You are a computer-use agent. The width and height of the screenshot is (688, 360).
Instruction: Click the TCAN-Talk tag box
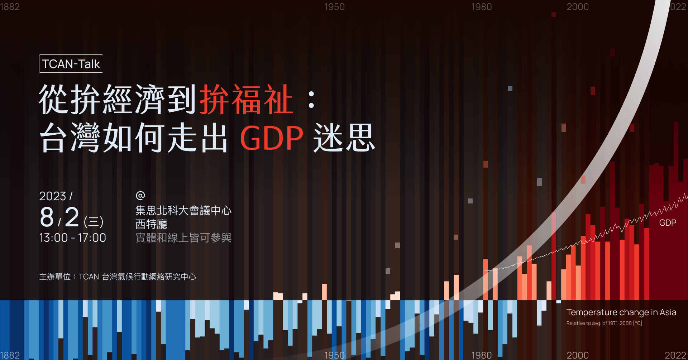coord(71,64)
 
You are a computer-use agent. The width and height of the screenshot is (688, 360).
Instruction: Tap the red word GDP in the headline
coord(272,138)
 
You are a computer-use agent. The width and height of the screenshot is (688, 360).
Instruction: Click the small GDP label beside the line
coord(668,223)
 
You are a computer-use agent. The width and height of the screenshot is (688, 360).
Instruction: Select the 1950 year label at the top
coord(334,7)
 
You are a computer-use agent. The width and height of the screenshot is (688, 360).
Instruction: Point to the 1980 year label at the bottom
coord(481,355)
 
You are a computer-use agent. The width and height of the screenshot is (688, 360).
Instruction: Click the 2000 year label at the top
coord(578,7)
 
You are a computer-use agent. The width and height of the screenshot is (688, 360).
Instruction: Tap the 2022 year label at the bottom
coord(675,355)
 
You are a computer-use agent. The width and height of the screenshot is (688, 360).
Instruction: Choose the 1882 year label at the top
coord(10,7)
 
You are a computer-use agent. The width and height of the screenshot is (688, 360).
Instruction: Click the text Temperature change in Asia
coord(621,312)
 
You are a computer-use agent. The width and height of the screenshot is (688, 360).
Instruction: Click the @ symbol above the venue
coord(140,195)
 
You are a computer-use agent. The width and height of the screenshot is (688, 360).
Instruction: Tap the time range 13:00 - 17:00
coord(72,238)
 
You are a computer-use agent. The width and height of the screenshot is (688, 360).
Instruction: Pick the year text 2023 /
coord(56,196)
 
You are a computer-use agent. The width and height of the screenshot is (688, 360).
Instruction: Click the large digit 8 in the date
coord(47,217)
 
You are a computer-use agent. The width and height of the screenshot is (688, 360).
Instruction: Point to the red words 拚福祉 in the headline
coord(247,100)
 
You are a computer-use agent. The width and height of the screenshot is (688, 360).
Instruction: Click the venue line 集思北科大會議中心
coord(183,211)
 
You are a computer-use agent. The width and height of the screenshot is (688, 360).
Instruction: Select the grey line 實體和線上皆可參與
coord(183,238)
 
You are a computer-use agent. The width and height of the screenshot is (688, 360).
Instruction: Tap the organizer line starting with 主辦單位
coord(118,277)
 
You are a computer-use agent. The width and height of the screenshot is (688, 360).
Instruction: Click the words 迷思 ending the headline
coord(344,138)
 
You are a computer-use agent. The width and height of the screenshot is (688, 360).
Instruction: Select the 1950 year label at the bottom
coord(334,355)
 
